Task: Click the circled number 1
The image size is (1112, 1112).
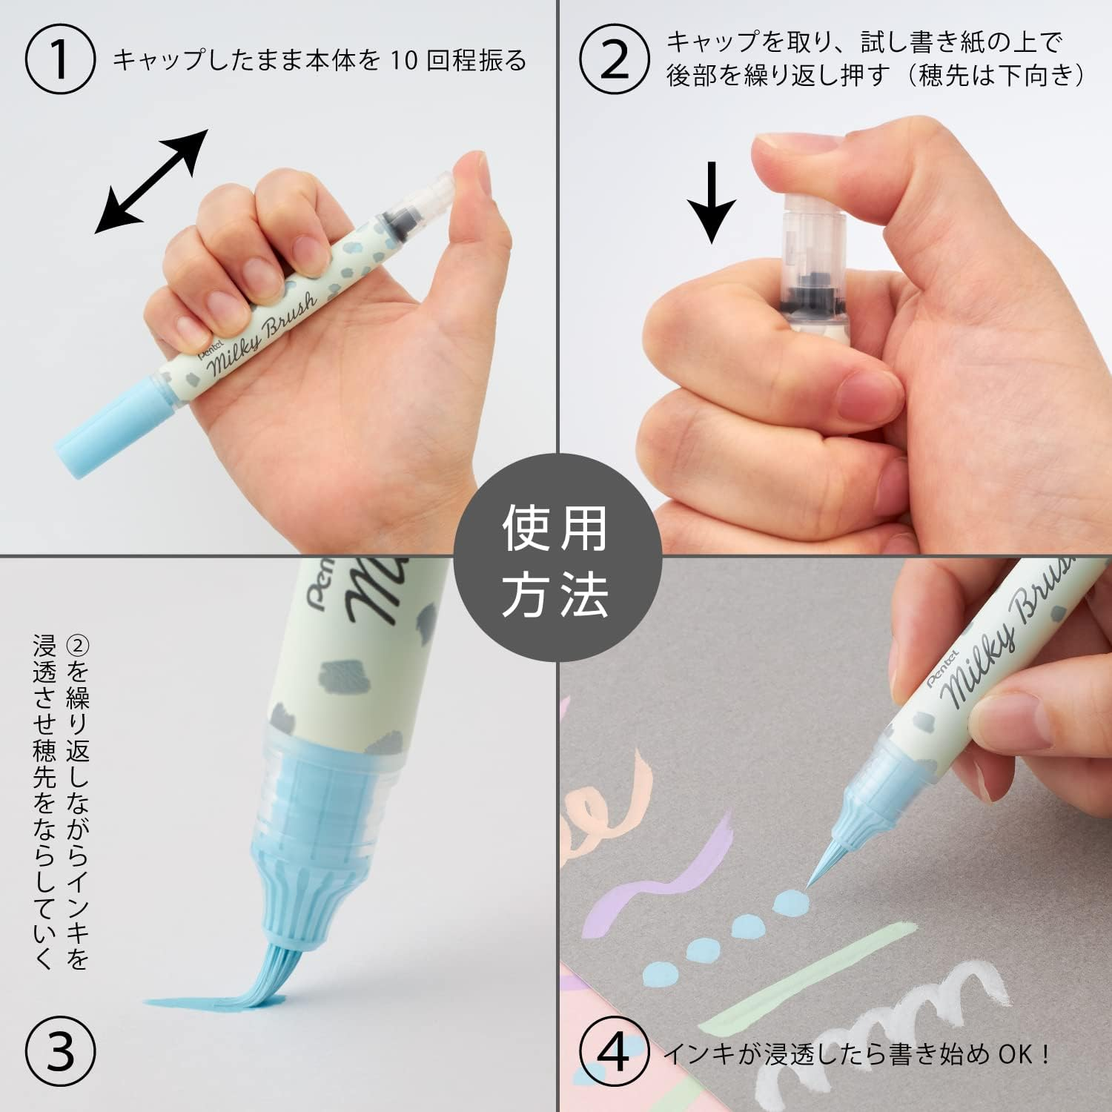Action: (x=61, y=61)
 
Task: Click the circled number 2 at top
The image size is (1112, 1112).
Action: (x=615, y=61)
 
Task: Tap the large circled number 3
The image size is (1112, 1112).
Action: (x=61, y=1050)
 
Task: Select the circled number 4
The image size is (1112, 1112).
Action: (x=615, y=1050)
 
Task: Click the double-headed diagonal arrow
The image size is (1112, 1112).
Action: (x=151, y=182)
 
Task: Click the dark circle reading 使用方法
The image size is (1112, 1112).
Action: (x=556, y=557)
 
